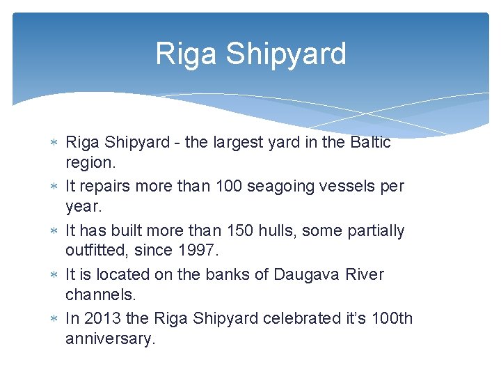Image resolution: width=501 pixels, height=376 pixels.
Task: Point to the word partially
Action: (376, 230)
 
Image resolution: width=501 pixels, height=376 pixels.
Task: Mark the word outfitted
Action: (96, 249)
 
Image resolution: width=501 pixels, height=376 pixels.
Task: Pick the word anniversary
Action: (109, 338)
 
